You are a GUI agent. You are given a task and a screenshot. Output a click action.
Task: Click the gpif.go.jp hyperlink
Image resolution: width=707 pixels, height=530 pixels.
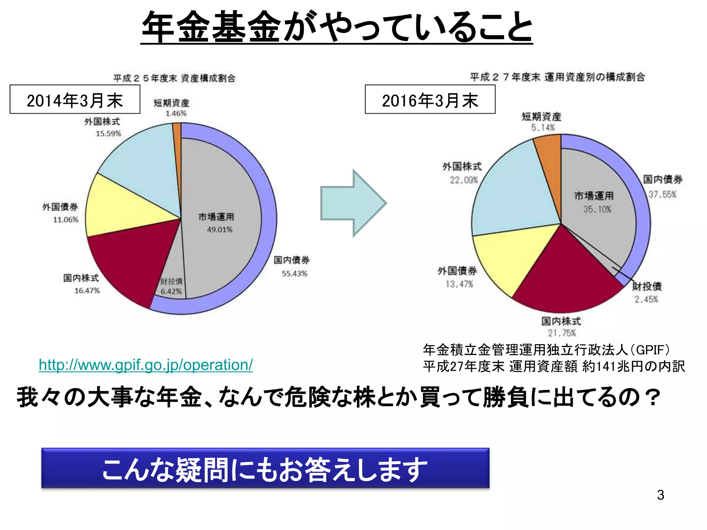(146, 365)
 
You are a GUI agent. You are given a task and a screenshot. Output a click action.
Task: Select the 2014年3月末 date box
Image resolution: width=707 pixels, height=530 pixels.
(75, 99)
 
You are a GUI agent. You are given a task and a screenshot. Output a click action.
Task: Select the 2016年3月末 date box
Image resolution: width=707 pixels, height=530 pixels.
(430, 99)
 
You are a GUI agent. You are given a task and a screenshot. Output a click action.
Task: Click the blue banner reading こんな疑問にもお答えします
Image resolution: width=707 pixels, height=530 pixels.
(265, 468)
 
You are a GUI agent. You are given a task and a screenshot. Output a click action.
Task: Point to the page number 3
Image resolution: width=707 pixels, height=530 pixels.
(660, 495)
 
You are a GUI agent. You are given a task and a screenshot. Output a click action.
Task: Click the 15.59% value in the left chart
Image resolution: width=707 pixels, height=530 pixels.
(108, 134)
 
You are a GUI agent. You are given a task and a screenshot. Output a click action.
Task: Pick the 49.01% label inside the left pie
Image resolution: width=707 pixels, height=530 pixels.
(220, 230)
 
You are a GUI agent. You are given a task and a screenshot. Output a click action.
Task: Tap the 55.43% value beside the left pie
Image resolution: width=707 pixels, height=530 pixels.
(294, 274)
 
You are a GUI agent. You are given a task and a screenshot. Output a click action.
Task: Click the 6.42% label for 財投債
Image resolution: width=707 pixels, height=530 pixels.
(171, 292)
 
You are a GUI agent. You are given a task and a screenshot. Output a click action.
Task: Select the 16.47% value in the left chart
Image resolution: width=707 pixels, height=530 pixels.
(87, 291)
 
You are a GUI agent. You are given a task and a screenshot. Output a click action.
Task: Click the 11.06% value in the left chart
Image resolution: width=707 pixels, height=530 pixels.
(66, 220)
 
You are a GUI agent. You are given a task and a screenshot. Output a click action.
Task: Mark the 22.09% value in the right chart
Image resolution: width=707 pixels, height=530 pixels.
(464, 180)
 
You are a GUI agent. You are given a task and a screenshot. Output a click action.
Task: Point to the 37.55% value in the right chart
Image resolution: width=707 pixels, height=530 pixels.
(662, 195)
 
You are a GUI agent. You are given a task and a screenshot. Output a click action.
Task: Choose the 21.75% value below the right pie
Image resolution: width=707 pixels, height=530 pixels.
(562, 333)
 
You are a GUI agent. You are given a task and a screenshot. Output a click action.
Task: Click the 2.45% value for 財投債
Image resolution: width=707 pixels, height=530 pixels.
(646, 300)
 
